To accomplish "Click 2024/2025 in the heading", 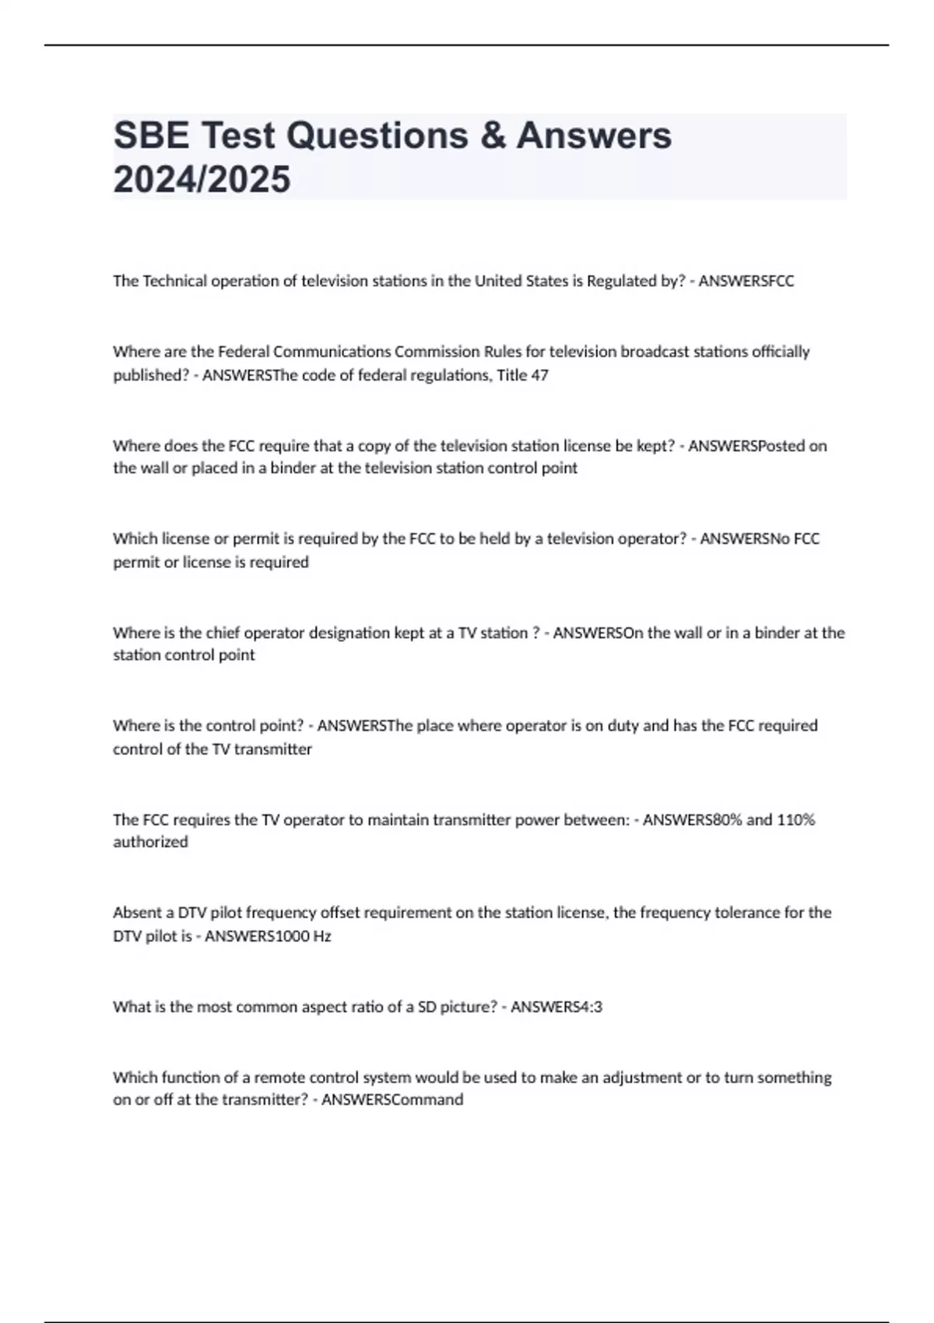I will tap(202, 180).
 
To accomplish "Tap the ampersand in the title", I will tap(492, 135).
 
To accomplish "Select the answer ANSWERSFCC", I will tap(746, 281).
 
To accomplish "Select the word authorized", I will tap(150, 842).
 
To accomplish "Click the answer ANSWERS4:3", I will tap(557, 1007).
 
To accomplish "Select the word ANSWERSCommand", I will tap(392, 1100).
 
